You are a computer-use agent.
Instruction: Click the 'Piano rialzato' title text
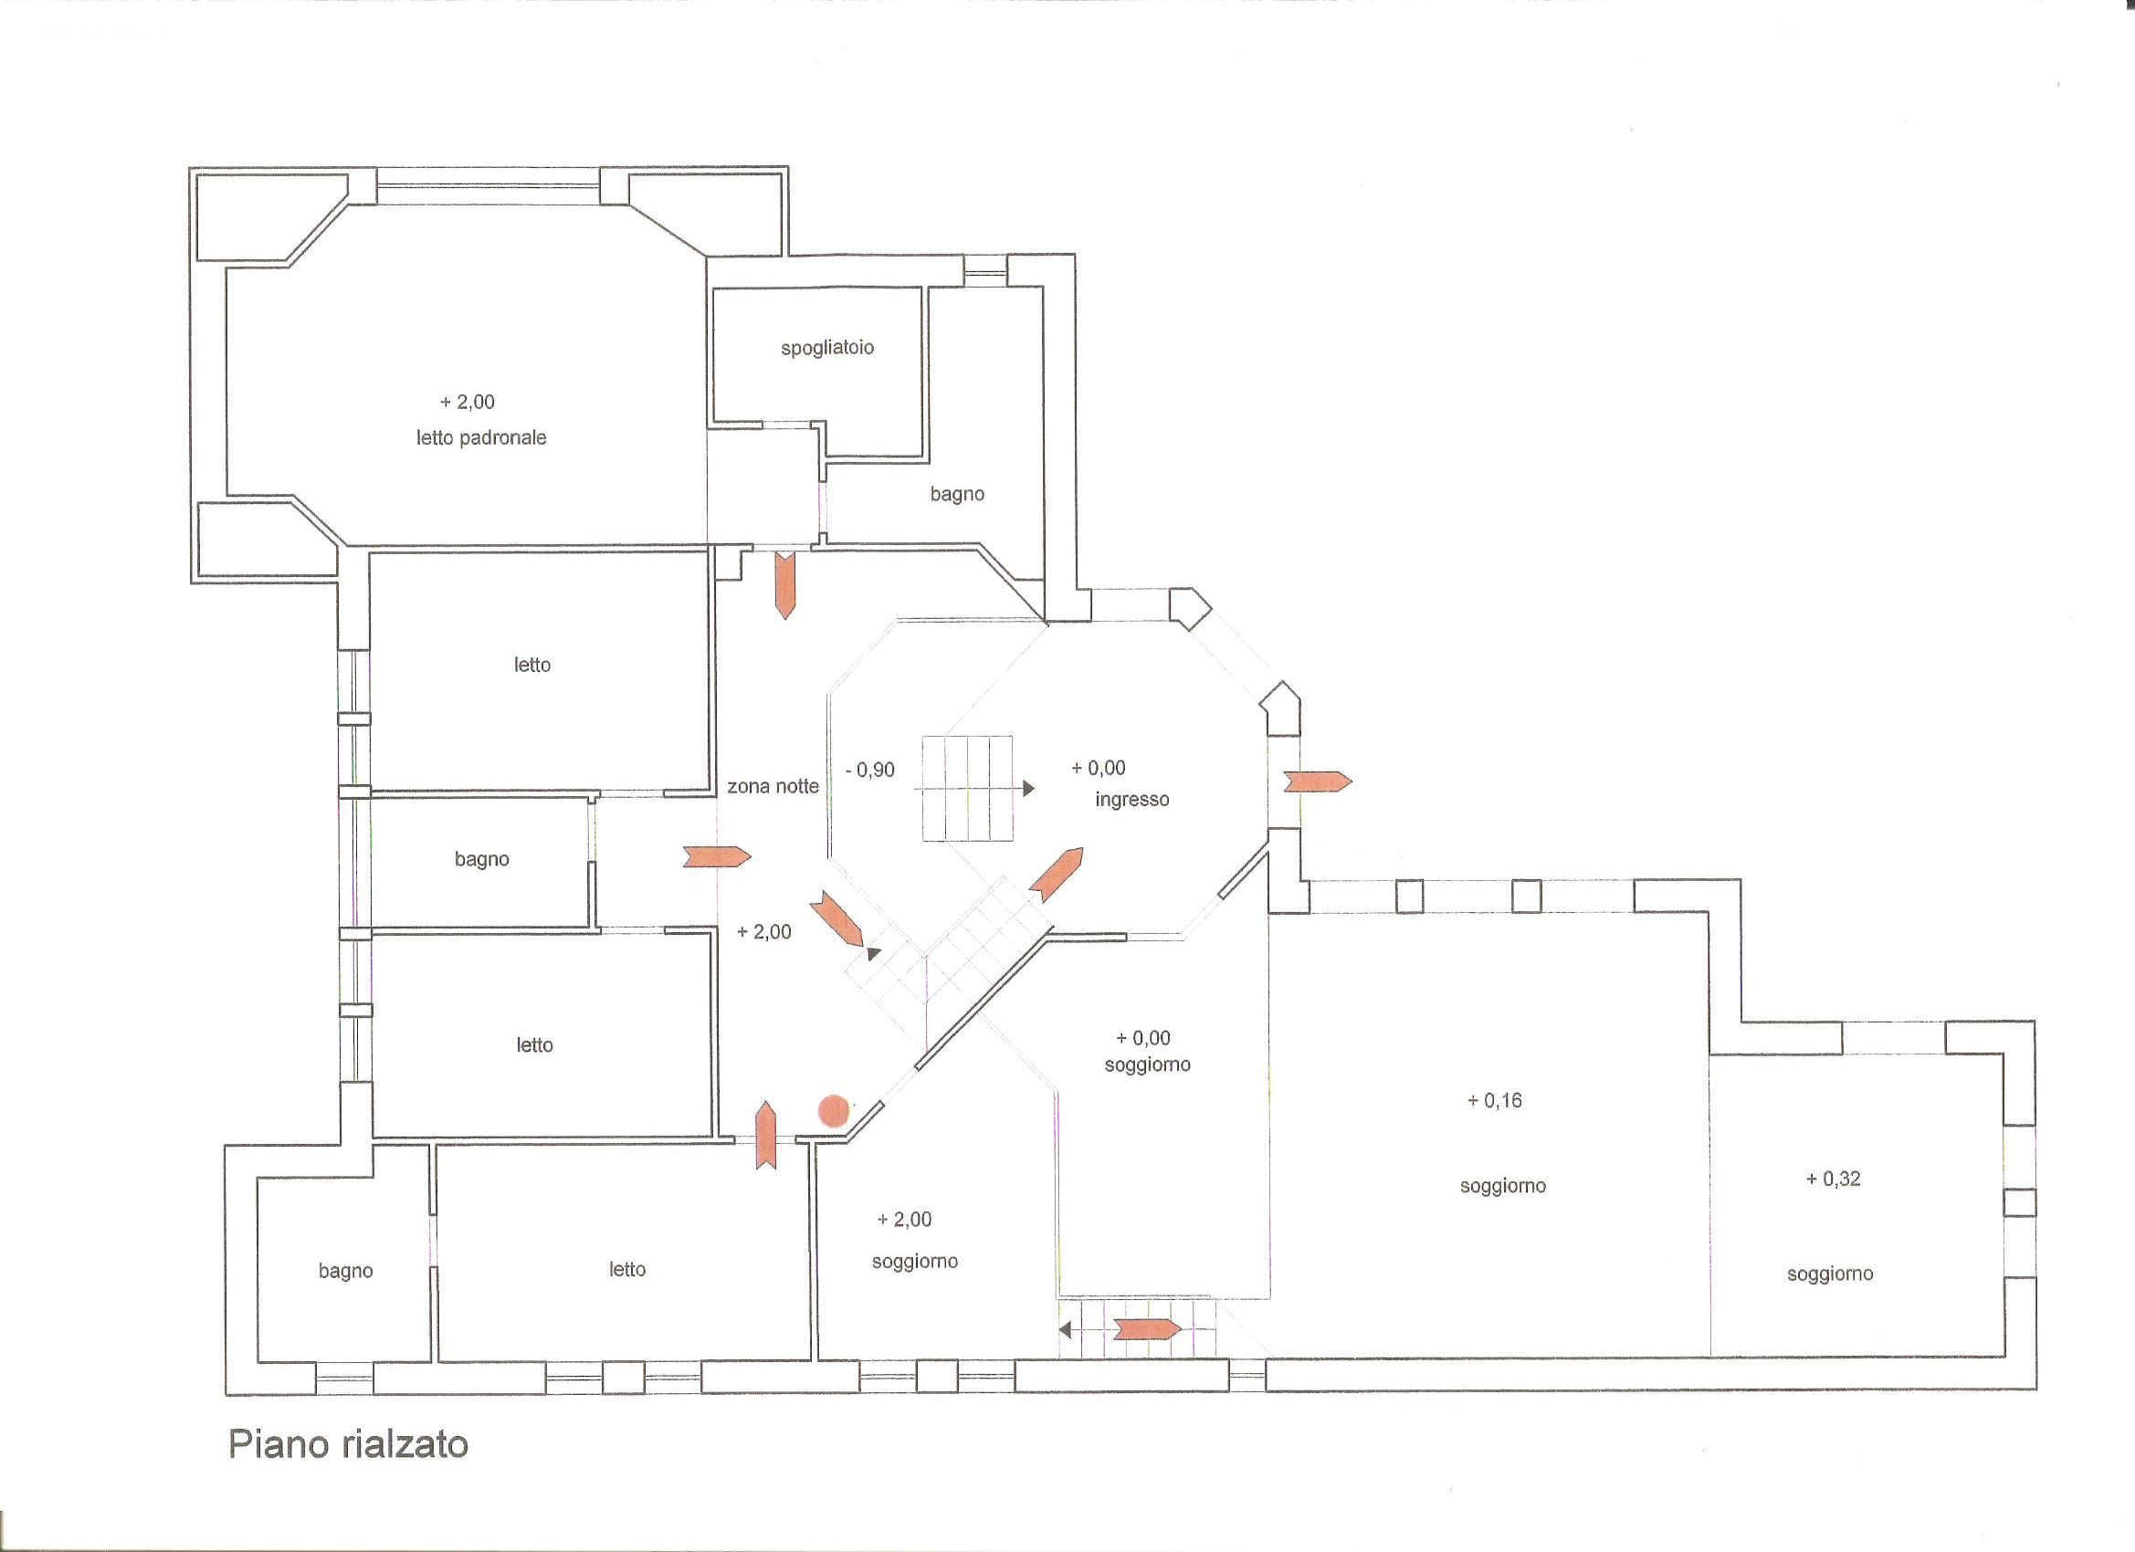click(348, 1443)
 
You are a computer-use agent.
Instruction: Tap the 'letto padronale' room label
click(481, 437)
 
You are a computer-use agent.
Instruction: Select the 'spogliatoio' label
click(827, 348)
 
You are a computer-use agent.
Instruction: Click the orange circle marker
click(833, 1110)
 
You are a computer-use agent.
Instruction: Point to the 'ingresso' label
click(1132, 800)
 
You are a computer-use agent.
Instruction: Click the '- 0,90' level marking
click(870, 770)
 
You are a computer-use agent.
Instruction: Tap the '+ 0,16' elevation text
click(1495, 1100)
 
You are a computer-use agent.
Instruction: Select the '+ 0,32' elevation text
click(1833, 1179)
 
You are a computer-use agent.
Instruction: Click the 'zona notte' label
click(773, 786)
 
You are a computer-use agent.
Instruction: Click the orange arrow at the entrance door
click(1318, 781)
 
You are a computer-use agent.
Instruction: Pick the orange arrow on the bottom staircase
click(1148, 1329)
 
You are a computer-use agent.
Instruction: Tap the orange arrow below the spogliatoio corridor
click(784, 585)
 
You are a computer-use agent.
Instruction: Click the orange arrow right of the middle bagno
click(718, 856)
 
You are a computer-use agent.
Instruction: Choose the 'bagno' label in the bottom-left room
click(345, 1272)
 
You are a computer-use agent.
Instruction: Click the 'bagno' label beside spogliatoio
click(957, 494)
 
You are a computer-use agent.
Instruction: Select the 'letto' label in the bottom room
click(627, 1270)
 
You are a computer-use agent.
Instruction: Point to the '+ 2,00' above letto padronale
click(467, 402)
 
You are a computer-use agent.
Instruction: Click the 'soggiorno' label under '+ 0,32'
click(1830, 1274)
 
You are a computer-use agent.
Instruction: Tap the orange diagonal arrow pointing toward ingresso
click(1057, 876)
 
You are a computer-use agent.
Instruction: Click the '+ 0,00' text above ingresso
click(1099, 768)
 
